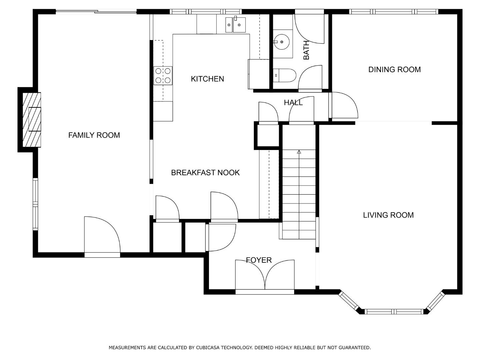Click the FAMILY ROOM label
[x=94, y=135]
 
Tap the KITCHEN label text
[x=207, y=79]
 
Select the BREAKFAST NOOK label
[x=205, y=173]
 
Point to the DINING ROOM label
[x=394, y=70]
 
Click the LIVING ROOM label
[x=388, y=215]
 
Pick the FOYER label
[x=259, y=260]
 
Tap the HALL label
[x=293, y=103]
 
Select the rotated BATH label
[x=306, y=50]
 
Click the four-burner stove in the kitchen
[x=163, y=76]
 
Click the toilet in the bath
[x=284, y=75]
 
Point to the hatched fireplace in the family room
[x=32, y=120]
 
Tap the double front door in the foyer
[x=265, y=277]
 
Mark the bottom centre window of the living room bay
[x=394, y=311]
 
